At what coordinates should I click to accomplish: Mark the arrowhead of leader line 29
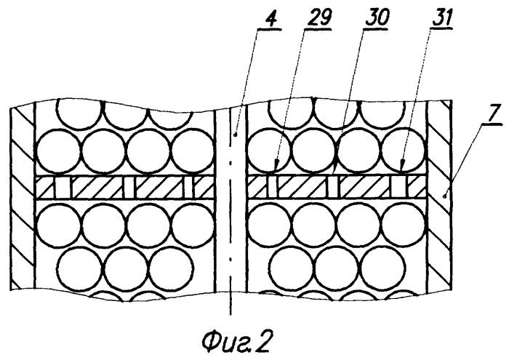click(276, 166)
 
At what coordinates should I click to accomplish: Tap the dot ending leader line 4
click(236, 134)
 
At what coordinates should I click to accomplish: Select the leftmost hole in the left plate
click(63, 188)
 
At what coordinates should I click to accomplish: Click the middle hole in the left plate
click(129, 188)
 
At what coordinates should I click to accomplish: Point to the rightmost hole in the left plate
click(189, 188)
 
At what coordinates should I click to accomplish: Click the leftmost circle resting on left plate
click(58, 151)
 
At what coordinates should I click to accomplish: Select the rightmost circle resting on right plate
click(404, 151)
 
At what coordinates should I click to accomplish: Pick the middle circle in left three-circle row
click(127, 269)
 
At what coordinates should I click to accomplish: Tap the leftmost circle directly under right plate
click(269, 225)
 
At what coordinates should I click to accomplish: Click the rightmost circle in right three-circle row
click(383, 269)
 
